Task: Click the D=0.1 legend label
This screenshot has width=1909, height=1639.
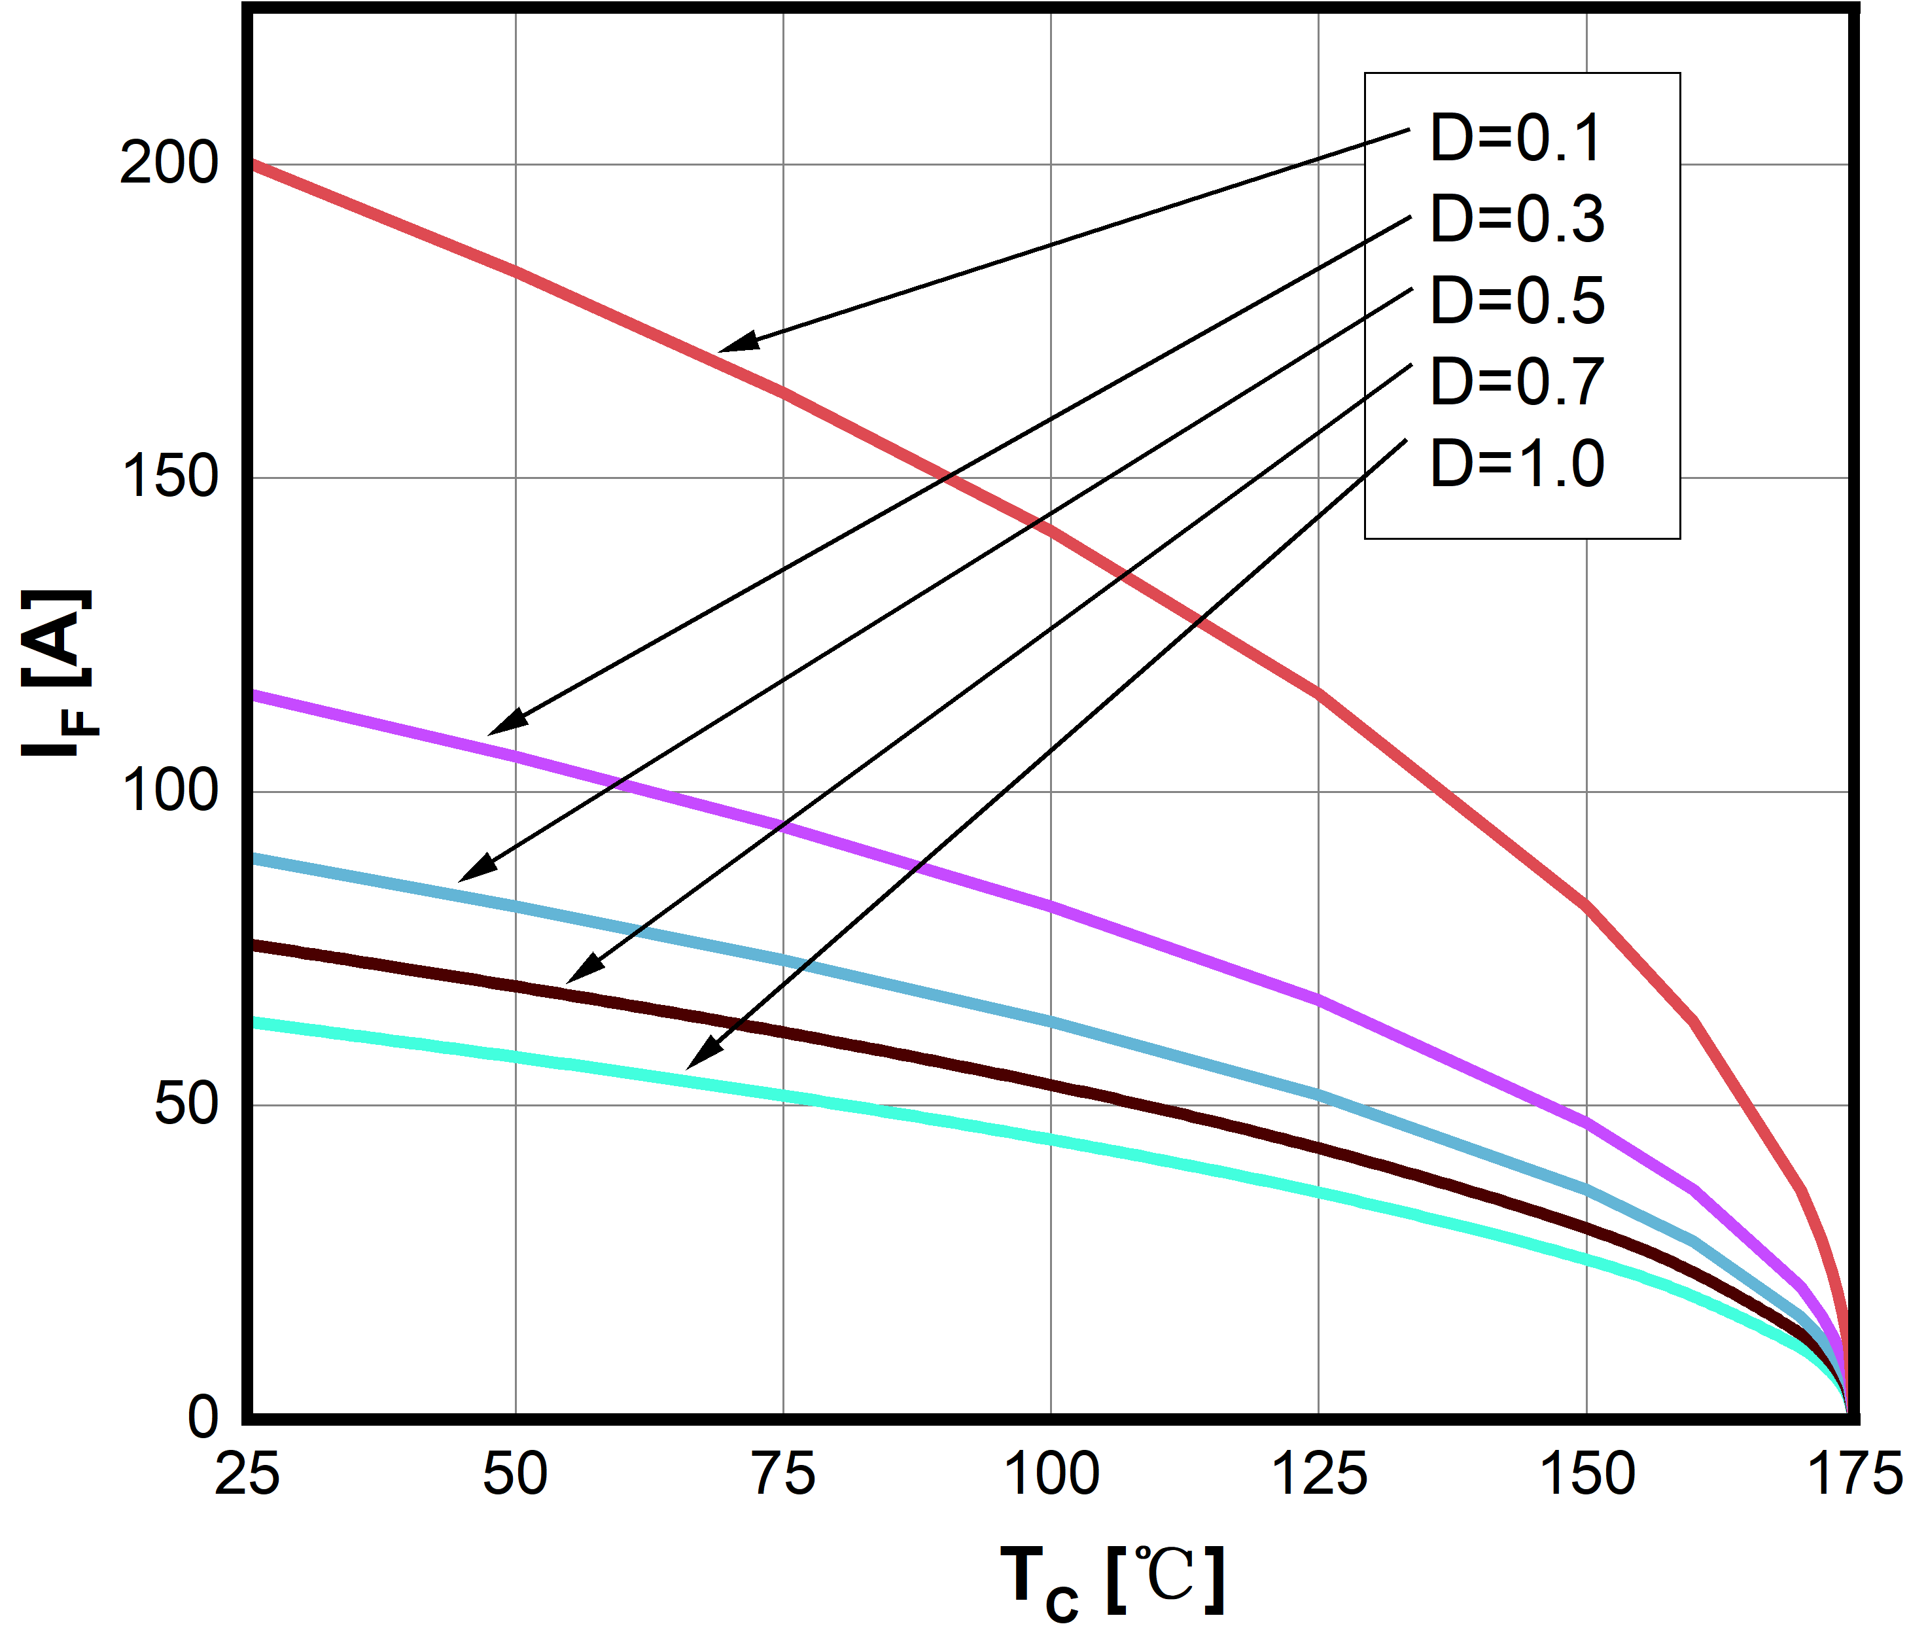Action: point(1516,139)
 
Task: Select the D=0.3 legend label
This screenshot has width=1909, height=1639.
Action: point(1516,220)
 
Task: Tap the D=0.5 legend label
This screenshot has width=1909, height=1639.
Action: point(1516,301)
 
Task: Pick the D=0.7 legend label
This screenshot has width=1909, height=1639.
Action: point(1516,382)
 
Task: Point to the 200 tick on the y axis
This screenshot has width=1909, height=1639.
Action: point(169,165)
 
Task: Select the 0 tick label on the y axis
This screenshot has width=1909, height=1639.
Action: point(203,1417)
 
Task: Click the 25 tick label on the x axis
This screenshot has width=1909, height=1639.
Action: point(247,1475)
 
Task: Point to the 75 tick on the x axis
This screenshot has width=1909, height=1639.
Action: point(784,1475)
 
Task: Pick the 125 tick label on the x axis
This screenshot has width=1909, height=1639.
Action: point(1318,1475)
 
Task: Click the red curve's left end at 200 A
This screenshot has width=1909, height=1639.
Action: point(253,165)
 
